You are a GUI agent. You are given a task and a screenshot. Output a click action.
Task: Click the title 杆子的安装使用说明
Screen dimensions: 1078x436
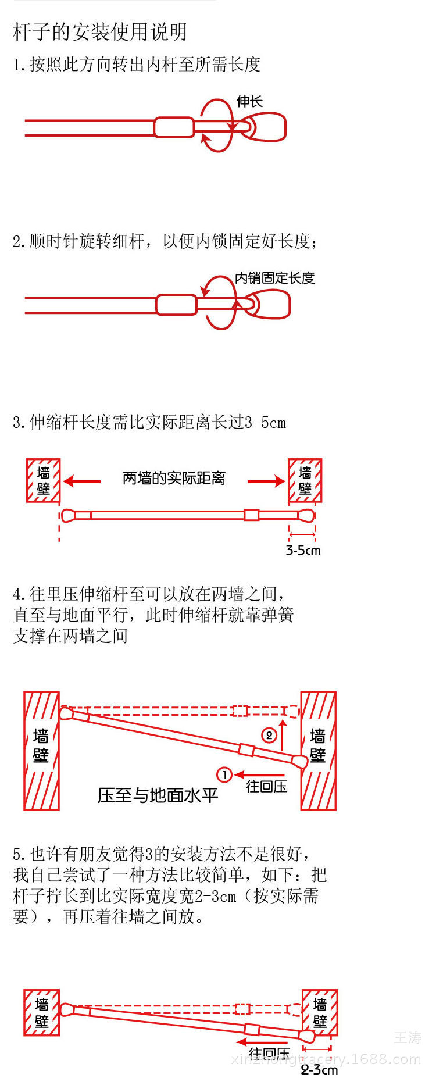(x=100, y=32)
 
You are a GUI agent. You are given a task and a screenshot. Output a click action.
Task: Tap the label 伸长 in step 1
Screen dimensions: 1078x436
(x=249, y=101)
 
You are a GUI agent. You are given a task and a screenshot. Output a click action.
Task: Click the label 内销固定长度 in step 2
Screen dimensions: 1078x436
(x=274, y=278)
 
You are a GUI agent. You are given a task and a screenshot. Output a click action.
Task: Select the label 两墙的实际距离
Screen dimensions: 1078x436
(x=174, y=479)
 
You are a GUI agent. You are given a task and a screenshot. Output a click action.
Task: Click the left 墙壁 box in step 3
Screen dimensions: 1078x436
(x=43, y=480)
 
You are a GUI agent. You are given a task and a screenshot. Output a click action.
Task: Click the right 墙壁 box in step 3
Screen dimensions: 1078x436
(x=305, y=480)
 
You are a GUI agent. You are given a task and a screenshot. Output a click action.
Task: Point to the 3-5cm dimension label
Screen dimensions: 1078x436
(x=303, y=550)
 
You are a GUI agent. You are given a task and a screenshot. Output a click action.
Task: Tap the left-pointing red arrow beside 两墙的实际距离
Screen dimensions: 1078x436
(x=82, y=481)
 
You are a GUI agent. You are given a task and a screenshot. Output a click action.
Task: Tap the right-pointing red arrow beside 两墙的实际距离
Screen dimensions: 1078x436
(x=266, y=481)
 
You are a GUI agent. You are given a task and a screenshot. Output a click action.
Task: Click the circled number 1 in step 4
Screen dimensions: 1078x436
(x=224, y=774)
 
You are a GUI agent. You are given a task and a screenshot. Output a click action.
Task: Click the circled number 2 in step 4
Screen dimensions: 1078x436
(x=269, y=736)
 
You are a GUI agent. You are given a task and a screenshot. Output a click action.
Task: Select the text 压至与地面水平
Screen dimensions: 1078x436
(x=158, y=795)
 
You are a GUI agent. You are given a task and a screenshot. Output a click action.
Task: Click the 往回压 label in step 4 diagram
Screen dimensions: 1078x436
(x=266, y=786)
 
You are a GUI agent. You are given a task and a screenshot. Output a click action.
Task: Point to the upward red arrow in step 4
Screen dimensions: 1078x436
(x=283, y=734)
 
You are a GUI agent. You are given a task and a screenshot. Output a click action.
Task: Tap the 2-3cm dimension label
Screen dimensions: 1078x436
(x=319, y=1069)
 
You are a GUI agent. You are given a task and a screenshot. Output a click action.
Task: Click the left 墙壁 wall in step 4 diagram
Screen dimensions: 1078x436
(x=41, y=751)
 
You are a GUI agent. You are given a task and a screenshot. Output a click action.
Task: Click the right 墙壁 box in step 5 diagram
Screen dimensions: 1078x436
(x=320, y=1012)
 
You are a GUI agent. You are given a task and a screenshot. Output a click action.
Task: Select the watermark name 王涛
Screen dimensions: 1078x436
(x=407, y=1037)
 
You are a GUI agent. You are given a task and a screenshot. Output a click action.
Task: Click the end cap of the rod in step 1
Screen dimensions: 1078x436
(x=267, y=127)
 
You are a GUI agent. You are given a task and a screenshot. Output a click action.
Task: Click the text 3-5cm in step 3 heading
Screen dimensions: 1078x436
(x=265, y=423)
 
